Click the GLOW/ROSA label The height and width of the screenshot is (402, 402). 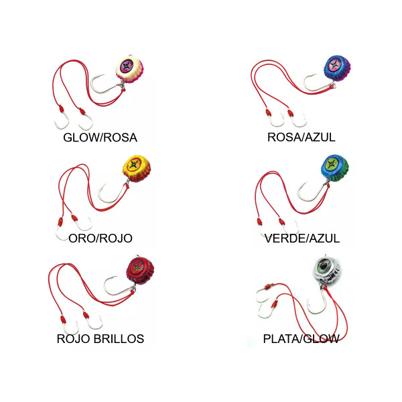pos(100,137)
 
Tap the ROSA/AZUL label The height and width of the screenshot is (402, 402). pos(301,137)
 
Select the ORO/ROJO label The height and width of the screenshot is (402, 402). pos(100,239)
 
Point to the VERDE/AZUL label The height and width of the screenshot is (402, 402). pos(302,239)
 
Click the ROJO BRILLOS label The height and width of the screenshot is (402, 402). pos(100,338)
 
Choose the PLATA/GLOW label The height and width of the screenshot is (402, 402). pos(301,339)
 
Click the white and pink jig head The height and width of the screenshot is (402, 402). pos(129,69)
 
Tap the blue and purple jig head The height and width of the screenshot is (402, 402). pos(337,68)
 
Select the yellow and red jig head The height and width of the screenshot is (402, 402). pos(137,168)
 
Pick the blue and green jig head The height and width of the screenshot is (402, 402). pos(335,168)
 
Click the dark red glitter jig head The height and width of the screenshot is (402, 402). pos(140,271)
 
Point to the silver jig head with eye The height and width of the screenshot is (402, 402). pos(327,270)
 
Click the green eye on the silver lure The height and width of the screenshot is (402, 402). pos(324,267)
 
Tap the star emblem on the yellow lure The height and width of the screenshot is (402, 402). pos(133,164)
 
